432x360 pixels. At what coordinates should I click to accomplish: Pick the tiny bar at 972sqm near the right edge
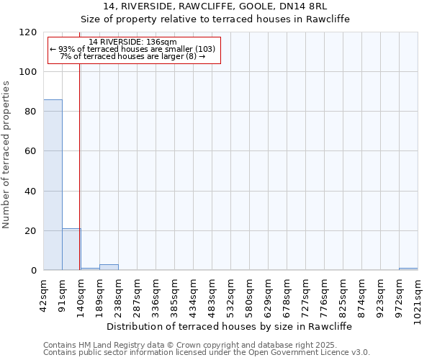point(408,269)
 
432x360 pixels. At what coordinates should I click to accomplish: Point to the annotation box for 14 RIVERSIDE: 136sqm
point(133,50)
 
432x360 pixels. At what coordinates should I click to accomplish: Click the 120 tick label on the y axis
point(29,32)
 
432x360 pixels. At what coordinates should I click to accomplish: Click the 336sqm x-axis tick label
point(156,293)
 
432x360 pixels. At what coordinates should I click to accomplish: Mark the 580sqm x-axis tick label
point(250,293)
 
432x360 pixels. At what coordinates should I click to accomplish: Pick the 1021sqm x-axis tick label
point(418,295)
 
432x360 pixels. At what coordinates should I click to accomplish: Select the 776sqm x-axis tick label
point(325,293)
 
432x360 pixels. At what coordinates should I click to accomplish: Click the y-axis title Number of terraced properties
point(7,154)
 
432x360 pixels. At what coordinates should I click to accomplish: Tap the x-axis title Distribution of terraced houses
point(233,326)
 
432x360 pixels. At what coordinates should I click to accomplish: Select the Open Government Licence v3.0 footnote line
point(207,353)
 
